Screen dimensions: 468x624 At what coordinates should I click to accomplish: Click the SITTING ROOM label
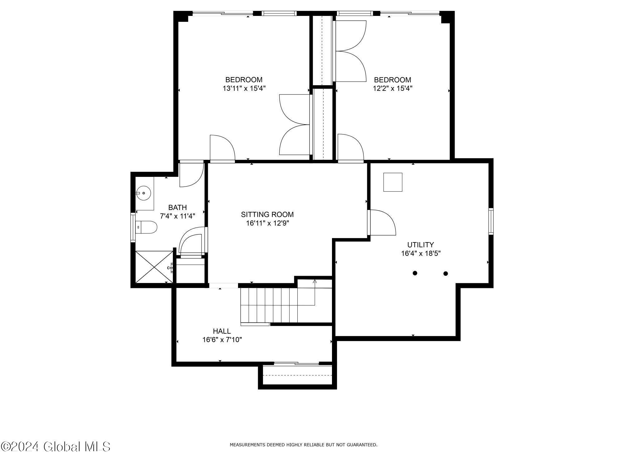[267, 214]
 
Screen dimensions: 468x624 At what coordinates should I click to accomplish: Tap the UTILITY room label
[420, 245]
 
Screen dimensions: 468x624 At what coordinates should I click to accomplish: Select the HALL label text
[222, 331]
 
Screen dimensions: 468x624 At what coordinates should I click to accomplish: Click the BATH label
[178, 207]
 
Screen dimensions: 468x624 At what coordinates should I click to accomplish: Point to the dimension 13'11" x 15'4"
[244, 88]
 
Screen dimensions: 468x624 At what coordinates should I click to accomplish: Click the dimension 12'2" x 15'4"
[392, 88]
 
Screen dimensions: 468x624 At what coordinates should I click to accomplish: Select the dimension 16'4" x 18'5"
[421, 253]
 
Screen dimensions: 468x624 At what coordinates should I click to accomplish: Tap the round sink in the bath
[144, 193]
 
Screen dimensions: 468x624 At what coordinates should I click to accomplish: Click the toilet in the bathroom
[147, 227]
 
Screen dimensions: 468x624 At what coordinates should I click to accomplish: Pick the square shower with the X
[154, 267]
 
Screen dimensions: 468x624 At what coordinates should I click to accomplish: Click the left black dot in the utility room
[415, 273]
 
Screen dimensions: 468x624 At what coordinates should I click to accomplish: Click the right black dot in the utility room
[446, 274]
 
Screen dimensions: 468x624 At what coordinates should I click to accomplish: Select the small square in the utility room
[392, 182]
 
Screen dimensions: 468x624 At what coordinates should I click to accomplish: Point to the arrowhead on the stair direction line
[314, 281]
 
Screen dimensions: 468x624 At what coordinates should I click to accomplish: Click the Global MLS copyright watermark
[56, 447]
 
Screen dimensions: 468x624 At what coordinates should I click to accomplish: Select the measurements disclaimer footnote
[303, 445]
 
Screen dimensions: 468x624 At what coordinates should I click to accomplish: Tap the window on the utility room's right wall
[491, 221]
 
